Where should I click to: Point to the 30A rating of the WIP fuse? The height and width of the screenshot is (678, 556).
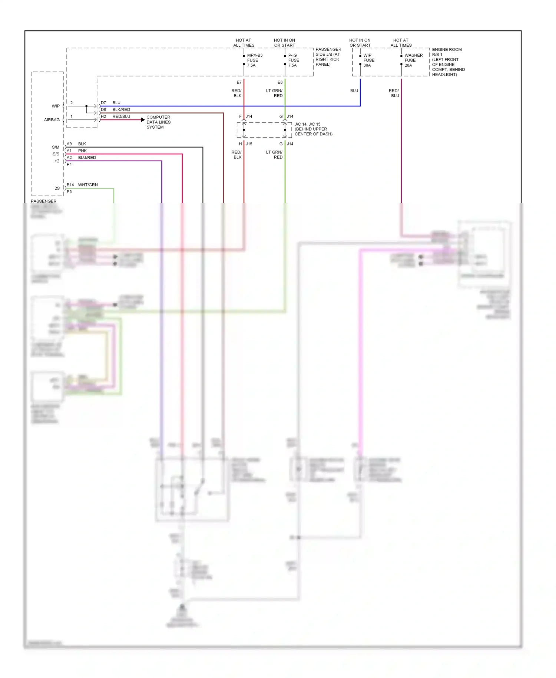(367, 65)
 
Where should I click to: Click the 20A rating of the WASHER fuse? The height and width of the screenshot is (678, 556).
(408, 65)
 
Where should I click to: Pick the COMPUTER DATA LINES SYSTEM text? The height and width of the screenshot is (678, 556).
(158, 122)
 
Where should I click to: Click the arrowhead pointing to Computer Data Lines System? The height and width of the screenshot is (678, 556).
(143, 120)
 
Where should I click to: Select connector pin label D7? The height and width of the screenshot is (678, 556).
(103, 103)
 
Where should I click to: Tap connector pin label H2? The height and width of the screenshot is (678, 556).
(103, 116)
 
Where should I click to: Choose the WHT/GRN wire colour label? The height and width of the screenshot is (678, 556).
(88, 185)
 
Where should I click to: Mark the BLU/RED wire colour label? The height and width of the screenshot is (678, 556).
(87, 158)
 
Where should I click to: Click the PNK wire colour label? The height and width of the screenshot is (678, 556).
(82, 151)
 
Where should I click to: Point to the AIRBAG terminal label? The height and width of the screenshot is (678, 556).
(52, 120)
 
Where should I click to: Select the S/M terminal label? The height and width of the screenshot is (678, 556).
(56, 147)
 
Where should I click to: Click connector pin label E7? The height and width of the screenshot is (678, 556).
(239, 82)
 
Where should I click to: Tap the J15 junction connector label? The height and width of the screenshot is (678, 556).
(249, 144)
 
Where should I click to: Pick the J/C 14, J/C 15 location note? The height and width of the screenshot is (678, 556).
(313, 129)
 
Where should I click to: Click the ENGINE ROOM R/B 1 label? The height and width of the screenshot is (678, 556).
(447, 52)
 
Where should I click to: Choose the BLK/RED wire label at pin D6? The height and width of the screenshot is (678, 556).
(121, 110)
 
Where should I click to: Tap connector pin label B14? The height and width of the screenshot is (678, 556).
(70, 185)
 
